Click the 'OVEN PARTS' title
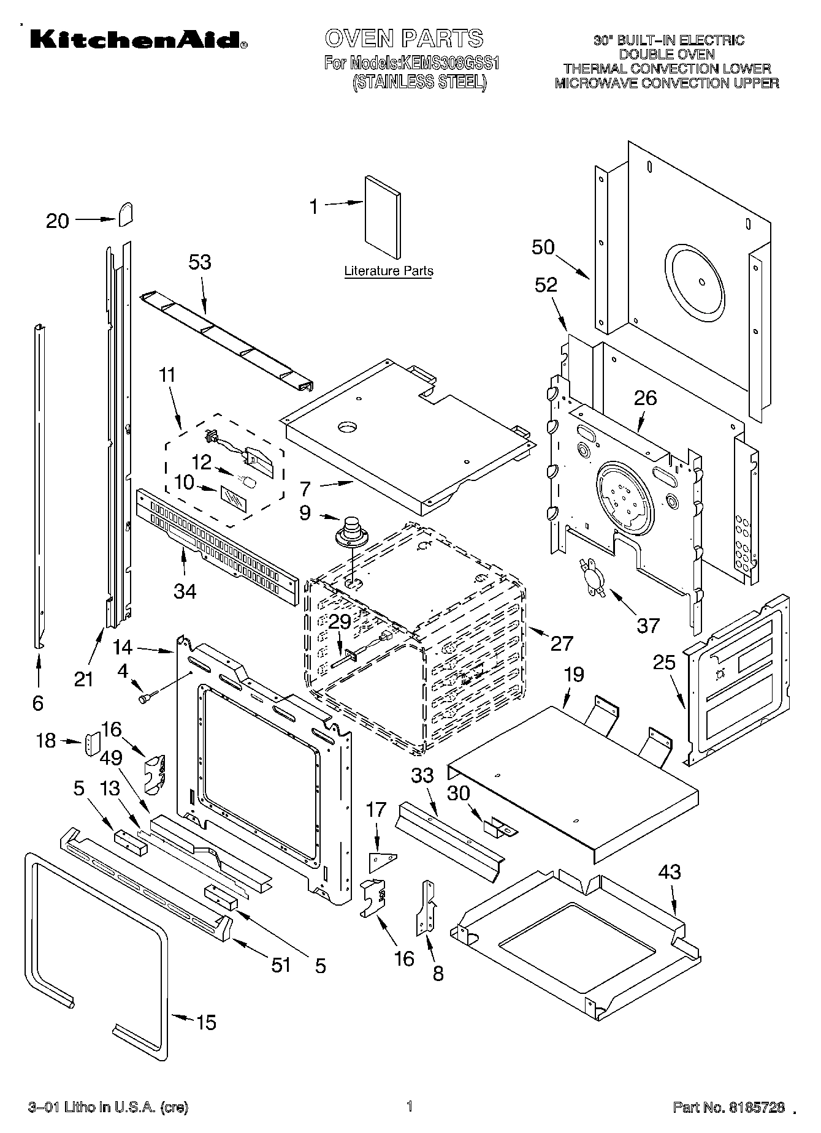point(404,38)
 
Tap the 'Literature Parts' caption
point(389,271)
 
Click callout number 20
point(58,221)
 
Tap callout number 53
point(199,262)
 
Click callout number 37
point(648,625)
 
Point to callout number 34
point(185,591)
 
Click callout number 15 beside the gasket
point(206,1022)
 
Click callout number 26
point(645,398)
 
